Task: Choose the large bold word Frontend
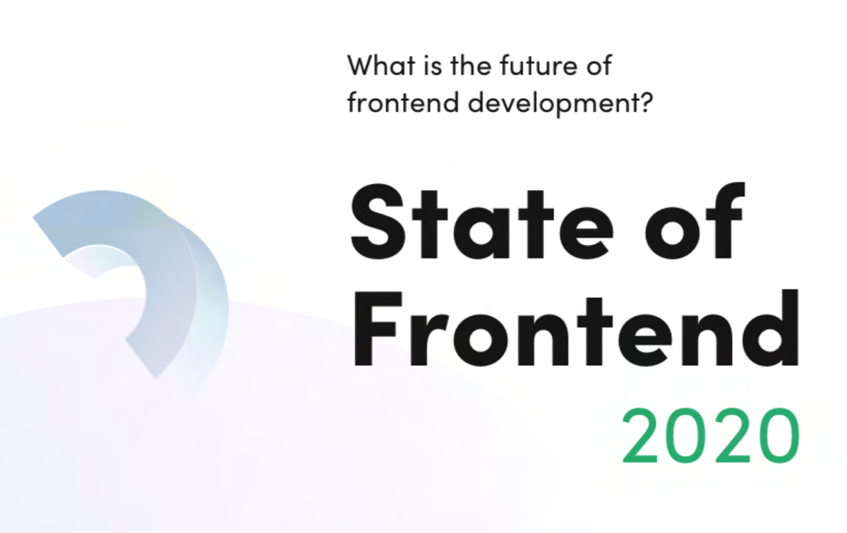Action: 575,328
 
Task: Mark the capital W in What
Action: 364,67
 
